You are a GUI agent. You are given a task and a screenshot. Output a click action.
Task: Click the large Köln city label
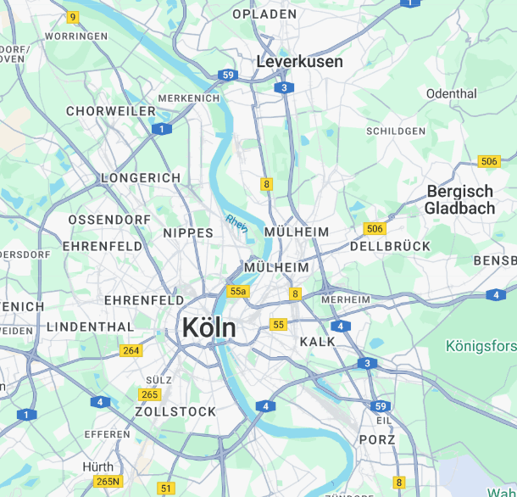208,327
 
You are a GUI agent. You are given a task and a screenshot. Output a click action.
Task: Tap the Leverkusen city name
299,62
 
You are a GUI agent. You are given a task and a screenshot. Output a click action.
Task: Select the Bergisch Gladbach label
459,200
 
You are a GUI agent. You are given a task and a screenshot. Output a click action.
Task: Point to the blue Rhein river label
236,224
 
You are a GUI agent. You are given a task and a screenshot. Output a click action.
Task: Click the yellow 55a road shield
238,292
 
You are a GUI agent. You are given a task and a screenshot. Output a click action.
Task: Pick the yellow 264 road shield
131,350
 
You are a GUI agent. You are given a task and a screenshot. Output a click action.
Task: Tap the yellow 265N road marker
108,482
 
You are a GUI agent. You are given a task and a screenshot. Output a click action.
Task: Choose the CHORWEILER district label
111,111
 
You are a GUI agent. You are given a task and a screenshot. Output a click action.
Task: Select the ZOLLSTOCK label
175,411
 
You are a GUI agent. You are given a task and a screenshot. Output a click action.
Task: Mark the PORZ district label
377,439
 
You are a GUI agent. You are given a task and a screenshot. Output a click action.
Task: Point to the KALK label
318,341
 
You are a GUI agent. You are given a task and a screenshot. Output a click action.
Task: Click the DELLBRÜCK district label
390,247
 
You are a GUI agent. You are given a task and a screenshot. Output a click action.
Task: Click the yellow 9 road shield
73,17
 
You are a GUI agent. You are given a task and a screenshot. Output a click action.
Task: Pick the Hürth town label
97,467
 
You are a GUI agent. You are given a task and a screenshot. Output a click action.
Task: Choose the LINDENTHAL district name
90,327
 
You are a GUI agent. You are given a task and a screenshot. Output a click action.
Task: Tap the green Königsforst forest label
481,346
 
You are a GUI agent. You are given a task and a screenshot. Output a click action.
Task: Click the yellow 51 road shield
166,488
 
